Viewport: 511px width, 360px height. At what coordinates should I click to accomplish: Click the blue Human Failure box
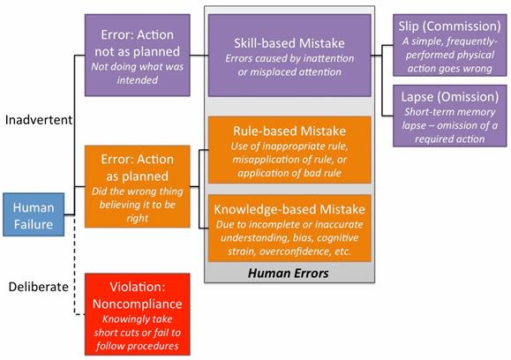click(x=34, y=214)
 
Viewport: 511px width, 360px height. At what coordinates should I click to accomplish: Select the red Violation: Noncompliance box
click(x=137, y=314)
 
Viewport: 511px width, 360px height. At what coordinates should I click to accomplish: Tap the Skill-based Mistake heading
click(x=289, y=43)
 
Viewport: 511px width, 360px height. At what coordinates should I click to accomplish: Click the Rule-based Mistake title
click(x=289, y=131)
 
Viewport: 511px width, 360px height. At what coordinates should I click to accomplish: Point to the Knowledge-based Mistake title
click(x=289, y=209)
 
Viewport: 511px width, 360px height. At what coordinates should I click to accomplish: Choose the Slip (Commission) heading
click(x=449, y=26)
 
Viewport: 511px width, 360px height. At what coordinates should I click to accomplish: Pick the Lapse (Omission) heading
click(x=450, y=97)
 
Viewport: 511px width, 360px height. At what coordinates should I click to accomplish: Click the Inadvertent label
click(x=39, y=120)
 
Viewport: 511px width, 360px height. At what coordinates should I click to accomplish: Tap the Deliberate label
click(x=39, y=287)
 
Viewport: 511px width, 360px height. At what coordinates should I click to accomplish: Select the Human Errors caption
click(x=289, y=273)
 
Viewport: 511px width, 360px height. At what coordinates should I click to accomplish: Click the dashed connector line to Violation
click(x=75, y=266)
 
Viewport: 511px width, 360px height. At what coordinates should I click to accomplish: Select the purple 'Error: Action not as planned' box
click(x=137, y=55)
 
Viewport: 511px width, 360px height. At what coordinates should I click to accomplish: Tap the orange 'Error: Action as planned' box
click(x=137, y=186)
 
